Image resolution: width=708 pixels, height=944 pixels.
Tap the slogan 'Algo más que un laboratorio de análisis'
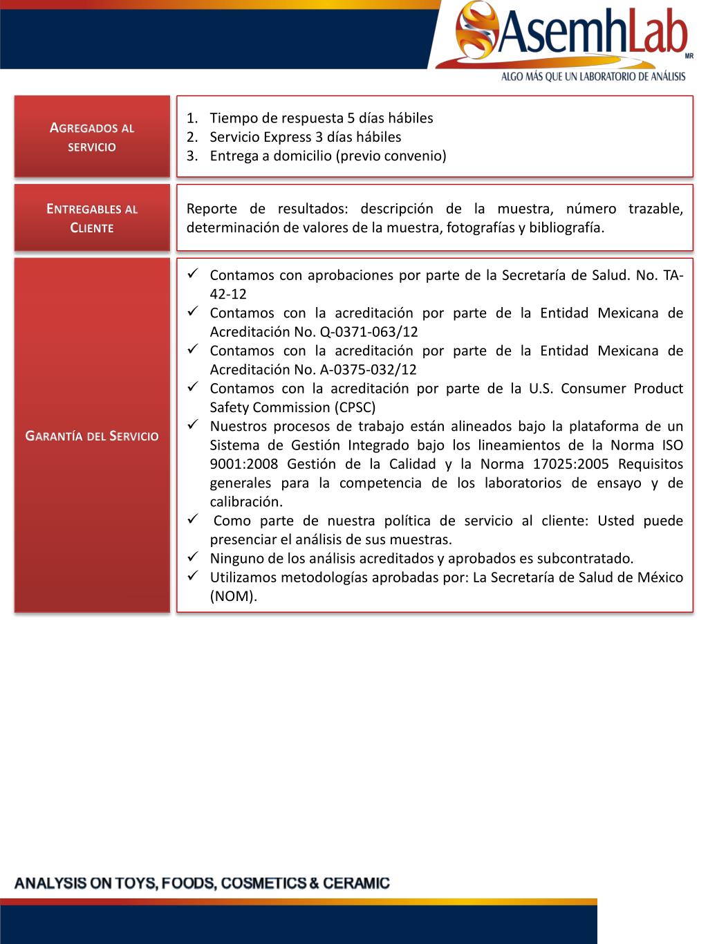(593, 77)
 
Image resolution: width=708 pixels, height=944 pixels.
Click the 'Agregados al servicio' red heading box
(92, 137)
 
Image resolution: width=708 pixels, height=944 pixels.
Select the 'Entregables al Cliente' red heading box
(92, 218)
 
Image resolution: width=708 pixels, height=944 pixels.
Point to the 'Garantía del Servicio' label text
(92, 436)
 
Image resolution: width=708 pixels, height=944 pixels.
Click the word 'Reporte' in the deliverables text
(212, 209)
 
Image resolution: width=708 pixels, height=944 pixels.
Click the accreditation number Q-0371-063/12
(369, 332)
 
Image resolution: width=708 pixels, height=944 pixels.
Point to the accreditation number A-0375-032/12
(369, 370)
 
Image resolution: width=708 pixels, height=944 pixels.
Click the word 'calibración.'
(246, 502)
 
